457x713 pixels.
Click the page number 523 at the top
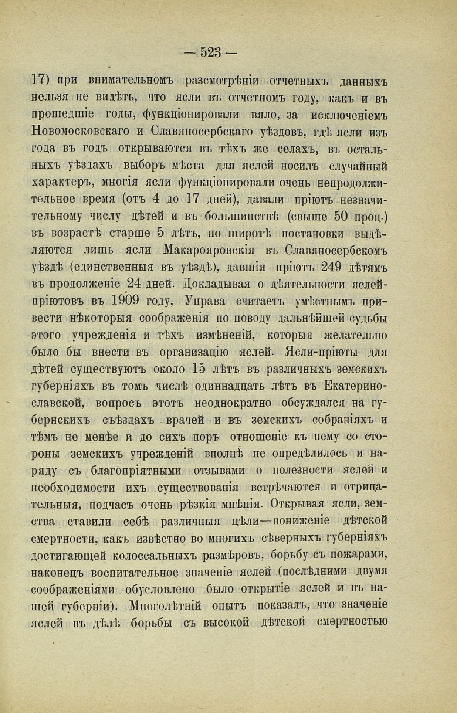211,52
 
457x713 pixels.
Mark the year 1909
125,301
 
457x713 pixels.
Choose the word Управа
204,301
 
